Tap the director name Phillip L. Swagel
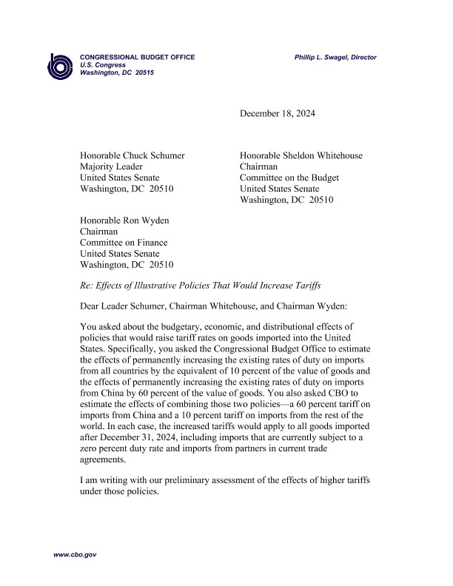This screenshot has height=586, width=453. (x=335, y=58)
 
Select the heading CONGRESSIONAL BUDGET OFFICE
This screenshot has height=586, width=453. (x=137, y=58)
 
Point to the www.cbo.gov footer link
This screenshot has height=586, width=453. (x=74, y=554)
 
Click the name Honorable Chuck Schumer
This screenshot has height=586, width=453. (x=132, y=155)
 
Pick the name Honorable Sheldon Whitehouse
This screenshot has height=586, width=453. (x=301, y=155)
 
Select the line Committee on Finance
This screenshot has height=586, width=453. (x=124, y=243)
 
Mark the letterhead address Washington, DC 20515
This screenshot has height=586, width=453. (x=116, y=73)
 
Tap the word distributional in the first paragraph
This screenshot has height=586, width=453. (x=292, y=326)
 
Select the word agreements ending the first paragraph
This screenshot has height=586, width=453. (x=105, y=458)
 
